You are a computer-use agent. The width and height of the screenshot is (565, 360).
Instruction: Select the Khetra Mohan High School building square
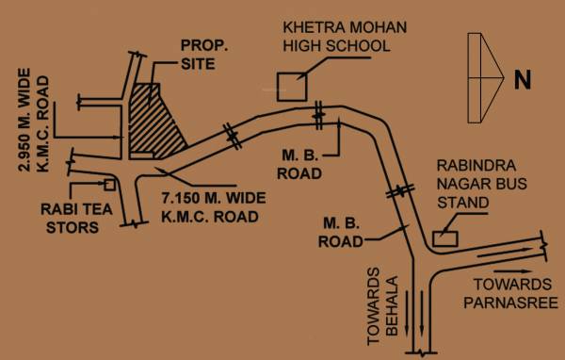click(290, 86)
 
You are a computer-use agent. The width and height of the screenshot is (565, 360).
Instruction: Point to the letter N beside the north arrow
click(523, 82)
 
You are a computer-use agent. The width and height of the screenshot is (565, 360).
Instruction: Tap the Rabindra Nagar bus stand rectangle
click(444, 232)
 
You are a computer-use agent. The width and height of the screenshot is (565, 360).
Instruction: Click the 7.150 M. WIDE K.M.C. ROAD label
click(212, 207)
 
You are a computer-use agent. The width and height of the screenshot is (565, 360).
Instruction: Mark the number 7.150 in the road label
click(184, 198)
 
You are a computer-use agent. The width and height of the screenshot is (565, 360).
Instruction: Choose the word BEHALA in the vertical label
click(394, 314)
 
